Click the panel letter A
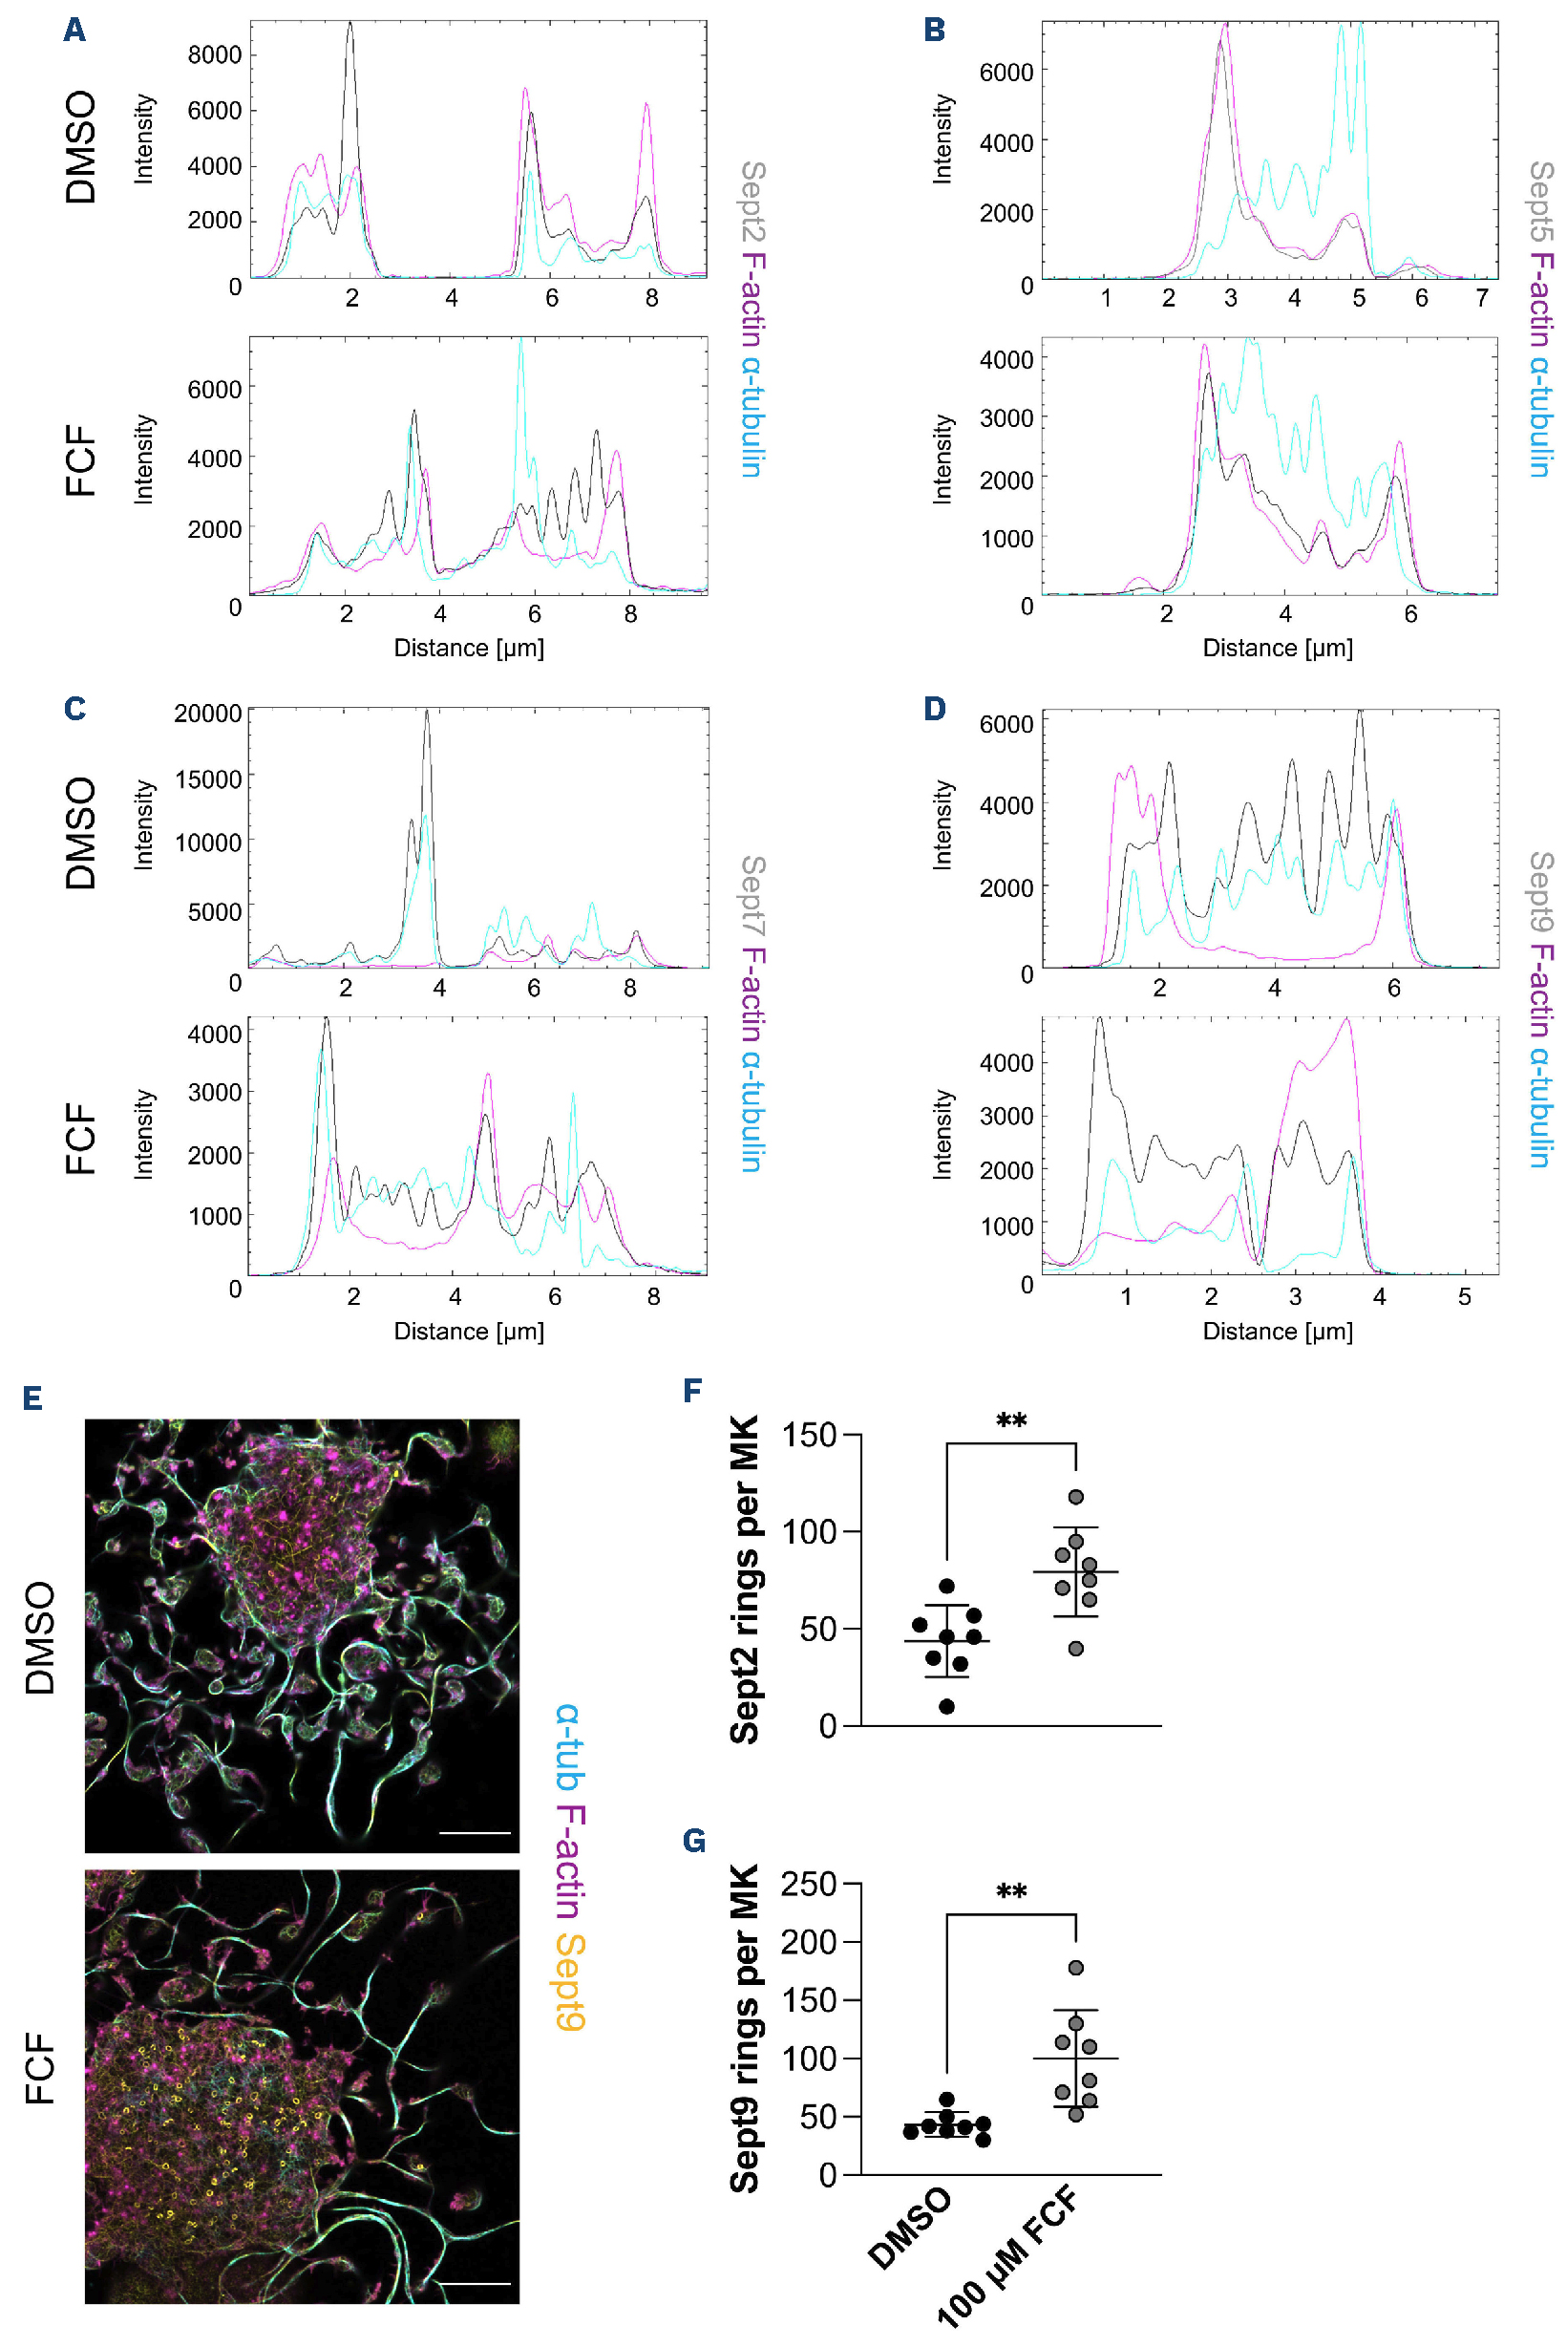click(x=74, y=30)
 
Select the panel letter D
click(x=935, y=709)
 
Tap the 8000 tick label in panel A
click(x=214, y=55)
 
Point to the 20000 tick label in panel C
click(x=208, y=714)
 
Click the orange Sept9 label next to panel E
click(x=571, y=1981)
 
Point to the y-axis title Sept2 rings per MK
click(x=745, y=1579)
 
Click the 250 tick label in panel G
click(x=809, y=1885)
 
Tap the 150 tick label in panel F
click(x=809, y=1436)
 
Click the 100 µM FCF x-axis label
click(x=1007, y=2258)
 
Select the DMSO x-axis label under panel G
click(x=909, y=2228)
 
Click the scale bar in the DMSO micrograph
click(x=475, y=1833)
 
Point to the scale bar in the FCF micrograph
click(x=475, y=2284)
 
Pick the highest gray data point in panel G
click(x=1076, y=1968)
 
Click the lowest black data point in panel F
click(x=946, y=1706)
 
